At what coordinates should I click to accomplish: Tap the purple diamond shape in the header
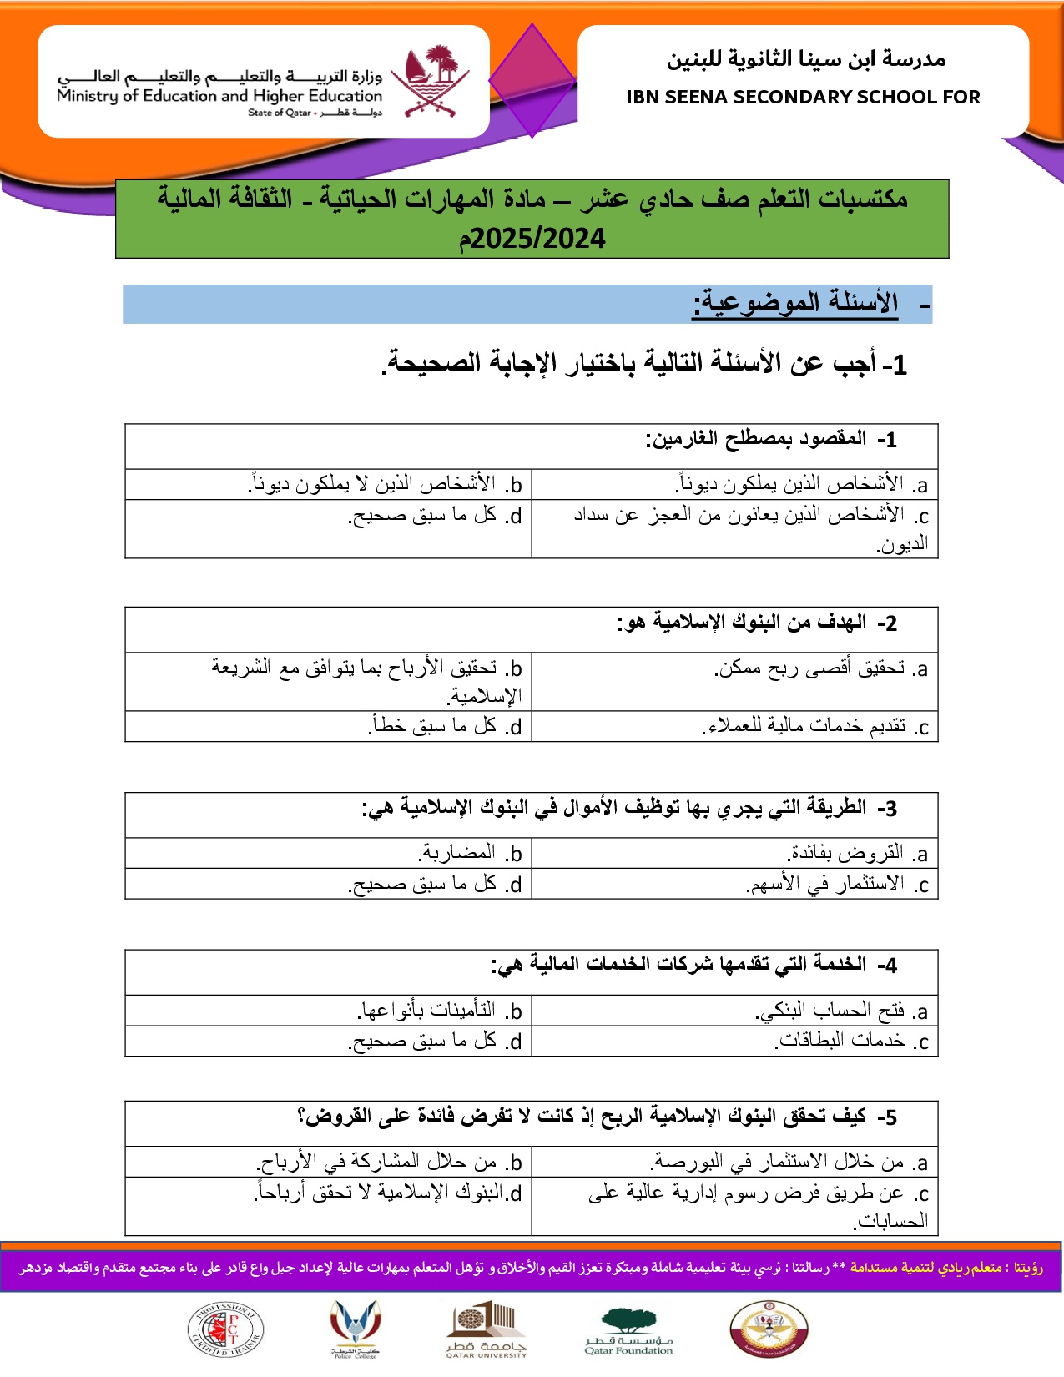click(x=532, y=80)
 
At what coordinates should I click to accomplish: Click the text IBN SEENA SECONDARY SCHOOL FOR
click(x=803, y=97)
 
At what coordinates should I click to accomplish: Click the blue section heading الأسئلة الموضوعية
click(x=795, y=303)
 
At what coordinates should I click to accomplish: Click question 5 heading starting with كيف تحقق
click(x=597, y=1117)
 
